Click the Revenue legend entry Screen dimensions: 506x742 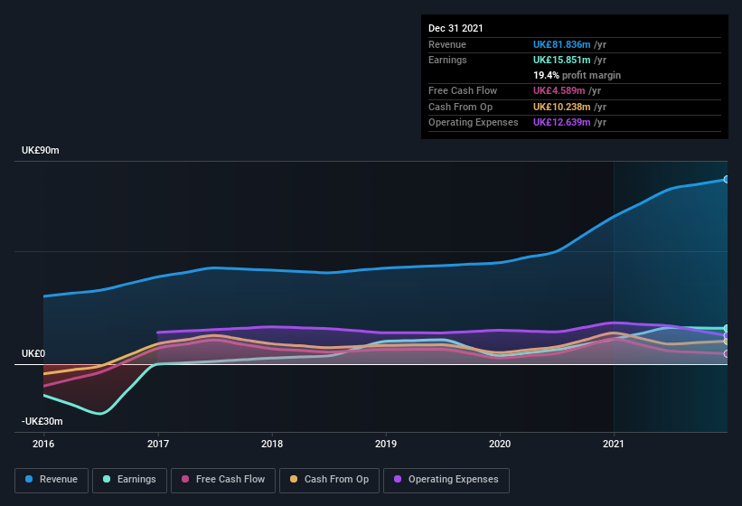pyautogui.click(x=52, y=480)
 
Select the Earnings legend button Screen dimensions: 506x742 pyautogui.click(x=129, y=480)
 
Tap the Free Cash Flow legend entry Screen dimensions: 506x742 pyautogui.click(x=223, y=480)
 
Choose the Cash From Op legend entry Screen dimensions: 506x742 pyautogui.click(x=328, y=480)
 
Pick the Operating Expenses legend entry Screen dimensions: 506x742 pyautogui.click(x=446, y=480)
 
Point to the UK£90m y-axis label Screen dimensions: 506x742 pyautogui.click(x=41, y=151)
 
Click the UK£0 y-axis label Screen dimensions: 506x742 pyautogui.click(x=33, y=353)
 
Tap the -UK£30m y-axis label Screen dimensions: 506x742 pyautogui.click(x=42, y=422)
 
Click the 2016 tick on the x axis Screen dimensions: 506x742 pyautogui.click(x=43, y=444)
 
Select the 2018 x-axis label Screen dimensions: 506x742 pyautogui.click(x=272, y=444)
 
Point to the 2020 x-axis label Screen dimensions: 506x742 pyautogui.click(x=500, y=444)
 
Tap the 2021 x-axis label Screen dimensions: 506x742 pyautogui.click(x=614, y=444)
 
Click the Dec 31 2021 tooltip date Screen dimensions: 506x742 pyautogui.click(x=456, y=28)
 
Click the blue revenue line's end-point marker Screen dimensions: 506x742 pyautogui.click(x=727, y=179)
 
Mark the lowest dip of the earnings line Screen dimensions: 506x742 pyautogui.click(x=100, y=414)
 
